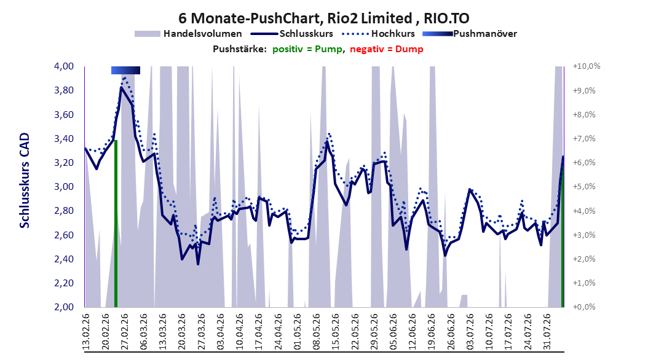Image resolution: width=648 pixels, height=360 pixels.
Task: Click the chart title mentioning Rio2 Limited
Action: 323,18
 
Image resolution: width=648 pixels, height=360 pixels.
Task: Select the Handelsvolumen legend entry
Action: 189,34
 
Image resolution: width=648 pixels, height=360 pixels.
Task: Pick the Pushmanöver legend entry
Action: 470,34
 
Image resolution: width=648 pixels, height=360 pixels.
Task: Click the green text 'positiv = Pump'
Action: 307,49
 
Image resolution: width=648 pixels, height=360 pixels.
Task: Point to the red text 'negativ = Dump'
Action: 387,49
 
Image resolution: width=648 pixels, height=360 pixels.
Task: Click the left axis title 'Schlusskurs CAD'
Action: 25,180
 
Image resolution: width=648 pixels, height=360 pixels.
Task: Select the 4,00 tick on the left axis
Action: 64,66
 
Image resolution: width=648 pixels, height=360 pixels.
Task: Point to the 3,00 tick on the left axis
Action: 64,187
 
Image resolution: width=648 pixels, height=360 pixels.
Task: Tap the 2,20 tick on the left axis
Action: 64,283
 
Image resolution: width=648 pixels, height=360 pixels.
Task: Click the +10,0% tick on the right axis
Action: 587,66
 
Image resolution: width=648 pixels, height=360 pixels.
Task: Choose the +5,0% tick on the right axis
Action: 584,187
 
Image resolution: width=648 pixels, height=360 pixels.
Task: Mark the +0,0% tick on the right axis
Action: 584,307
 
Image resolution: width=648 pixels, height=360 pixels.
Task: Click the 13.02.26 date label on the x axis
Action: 86,332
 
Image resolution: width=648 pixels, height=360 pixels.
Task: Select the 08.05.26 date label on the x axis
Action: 317,332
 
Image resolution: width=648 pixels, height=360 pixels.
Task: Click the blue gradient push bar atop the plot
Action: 125,70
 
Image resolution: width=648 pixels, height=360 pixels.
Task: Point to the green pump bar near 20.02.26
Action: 116,224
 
